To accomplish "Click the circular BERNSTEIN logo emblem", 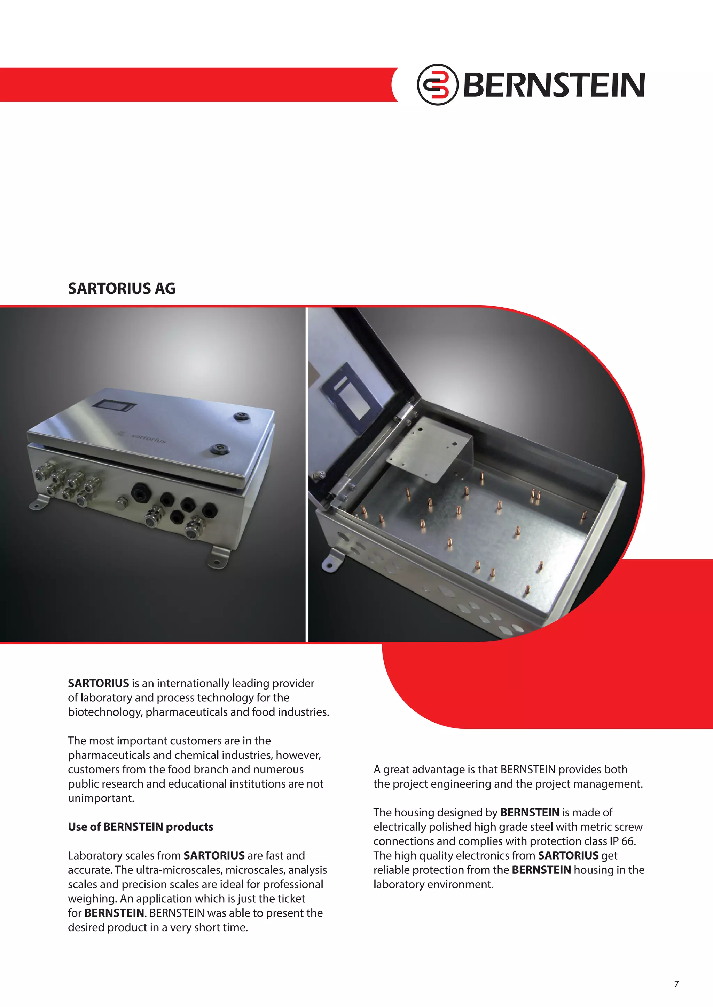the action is pos(437,84).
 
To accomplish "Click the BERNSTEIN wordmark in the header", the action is pos(554,85).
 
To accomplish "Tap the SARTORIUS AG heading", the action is pos(122,289).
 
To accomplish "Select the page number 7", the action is pos(676,984).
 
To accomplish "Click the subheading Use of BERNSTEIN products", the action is pos(141,827).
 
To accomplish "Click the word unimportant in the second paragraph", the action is pos(101,798).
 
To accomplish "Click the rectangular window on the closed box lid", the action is pos(116,405).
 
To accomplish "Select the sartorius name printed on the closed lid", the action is pos(148,438).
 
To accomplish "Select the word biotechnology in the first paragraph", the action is pos(104,712).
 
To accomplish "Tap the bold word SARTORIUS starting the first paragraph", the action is pos(98,683).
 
